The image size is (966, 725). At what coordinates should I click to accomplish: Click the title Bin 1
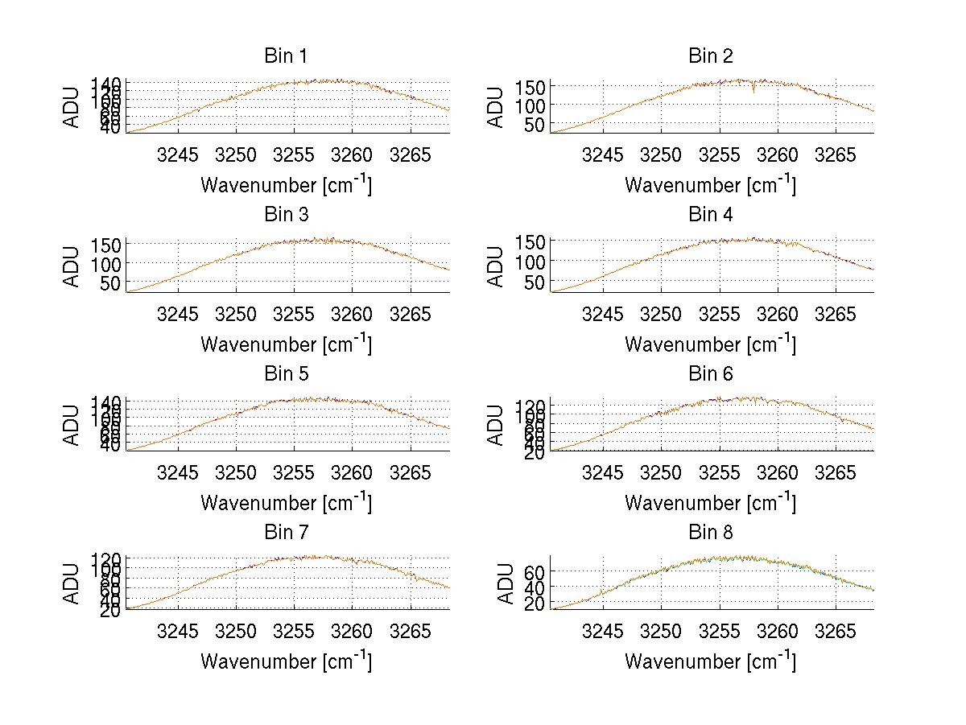285,56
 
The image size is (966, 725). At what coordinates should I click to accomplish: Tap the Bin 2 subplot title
710,56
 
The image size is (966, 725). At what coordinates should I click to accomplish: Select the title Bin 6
710,373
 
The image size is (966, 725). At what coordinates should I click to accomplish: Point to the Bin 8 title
710,532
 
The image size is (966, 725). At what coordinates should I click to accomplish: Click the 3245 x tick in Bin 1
177,154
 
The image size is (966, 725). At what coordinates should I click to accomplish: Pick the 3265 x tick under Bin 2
835,154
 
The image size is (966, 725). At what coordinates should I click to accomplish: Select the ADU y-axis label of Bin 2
497,106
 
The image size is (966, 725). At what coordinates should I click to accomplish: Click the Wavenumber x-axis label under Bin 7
286,661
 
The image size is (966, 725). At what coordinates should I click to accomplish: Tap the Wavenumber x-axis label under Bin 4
710,344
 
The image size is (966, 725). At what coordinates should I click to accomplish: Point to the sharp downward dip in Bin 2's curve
753,91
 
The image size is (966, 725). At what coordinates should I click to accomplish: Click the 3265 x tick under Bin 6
835,472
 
